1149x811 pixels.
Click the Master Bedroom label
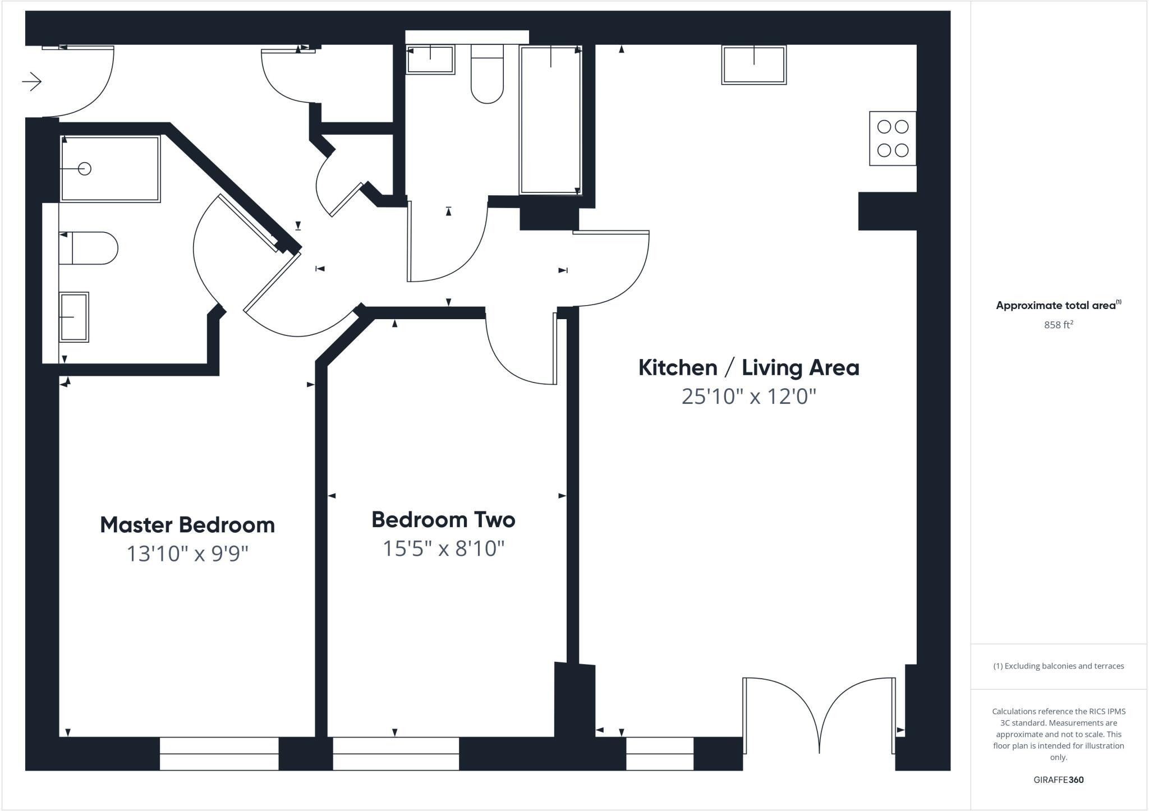[187, 525]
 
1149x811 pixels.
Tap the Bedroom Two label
[443, 519]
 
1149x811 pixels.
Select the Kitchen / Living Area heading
[748, 368]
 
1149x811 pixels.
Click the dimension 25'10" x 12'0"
[748, 397]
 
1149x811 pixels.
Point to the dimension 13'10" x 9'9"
[187, 554]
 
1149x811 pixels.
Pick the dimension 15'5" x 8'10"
[443, 548]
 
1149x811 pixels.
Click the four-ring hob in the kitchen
[893, 139]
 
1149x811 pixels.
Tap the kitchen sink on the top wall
[753, 65]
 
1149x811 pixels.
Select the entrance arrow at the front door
[32, 82]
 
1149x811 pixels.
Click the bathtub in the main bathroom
[550, 120]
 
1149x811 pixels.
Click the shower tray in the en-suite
[110, 168]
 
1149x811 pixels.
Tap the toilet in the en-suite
[90, 248]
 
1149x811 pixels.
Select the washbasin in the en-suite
[74, 317]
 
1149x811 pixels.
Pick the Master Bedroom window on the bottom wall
[219, 754]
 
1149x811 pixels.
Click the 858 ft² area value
[1058, 325]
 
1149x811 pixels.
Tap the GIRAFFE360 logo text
[1058, 780]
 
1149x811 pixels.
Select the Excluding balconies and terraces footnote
[1058, 666]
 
